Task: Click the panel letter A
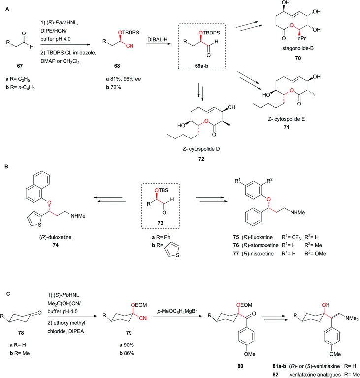click(6, 5)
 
